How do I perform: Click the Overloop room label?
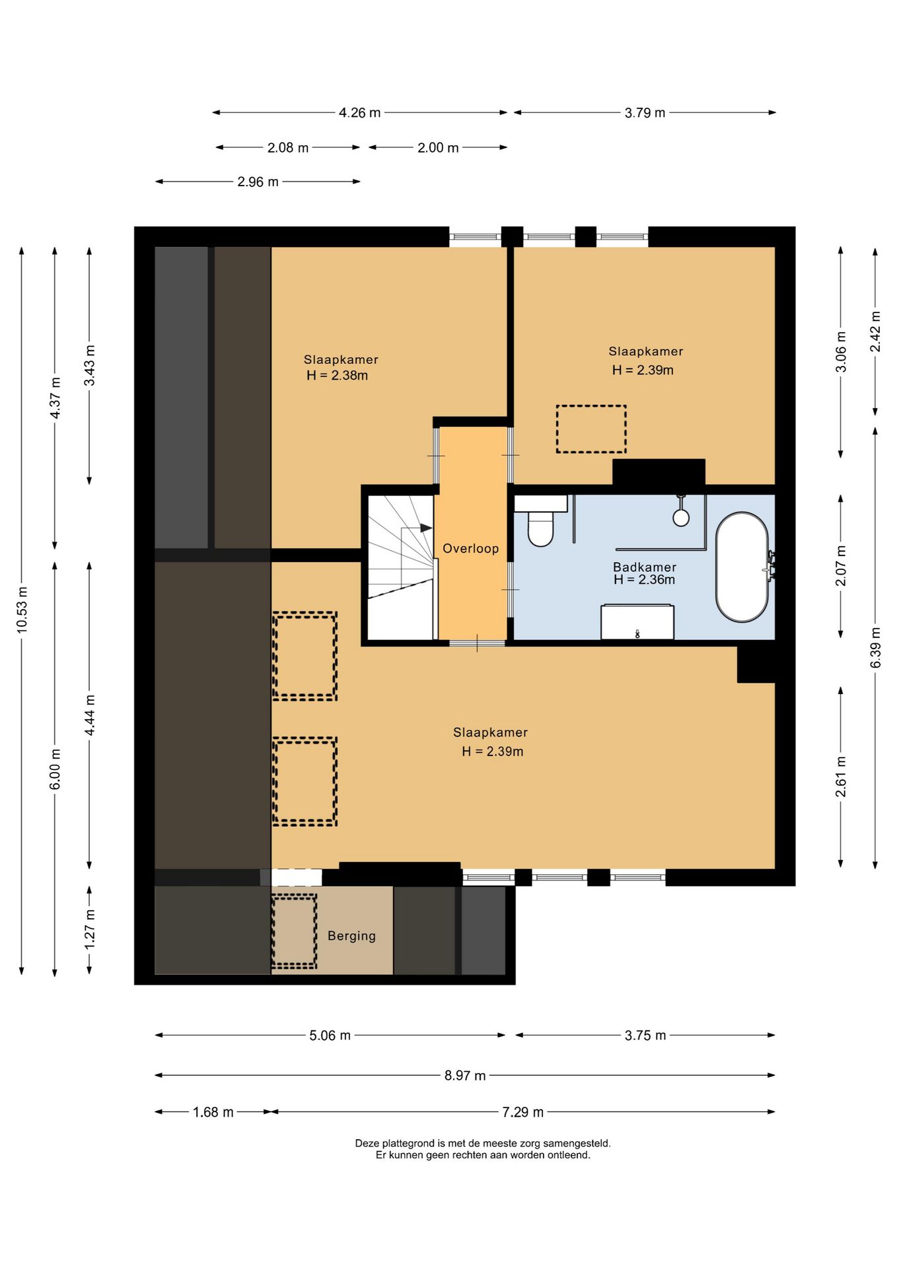click(x=470, y=548)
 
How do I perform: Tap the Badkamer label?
click(x=644, y=567)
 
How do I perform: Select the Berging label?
click(x=351, y=936)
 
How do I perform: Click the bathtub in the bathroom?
click(x=742, y=567)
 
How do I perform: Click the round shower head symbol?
click(x=681, y=517)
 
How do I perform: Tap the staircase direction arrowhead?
click(x=427, y=528)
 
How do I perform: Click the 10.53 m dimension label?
click(x=22, y=610)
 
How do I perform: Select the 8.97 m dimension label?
click(x=465, y=1075)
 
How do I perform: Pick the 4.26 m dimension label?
click(x=359, y=113)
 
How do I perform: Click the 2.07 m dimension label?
click(x=840, y=565)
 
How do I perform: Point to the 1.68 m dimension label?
click(x=213, y=1112)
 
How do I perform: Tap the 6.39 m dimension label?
click(x=875, y=647)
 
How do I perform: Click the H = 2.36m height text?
click(x=644, y=580)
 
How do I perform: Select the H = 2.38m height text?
click(x=337, y=375)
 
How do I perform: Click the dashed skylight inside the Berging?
click(x=294, y=932)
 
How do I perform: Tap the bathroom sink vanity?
click(x=637, y=622)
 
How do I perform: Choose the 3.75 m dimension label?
click(x=645, y=1036)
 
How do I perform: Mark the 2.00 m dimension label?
click(x=438, y=148)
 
